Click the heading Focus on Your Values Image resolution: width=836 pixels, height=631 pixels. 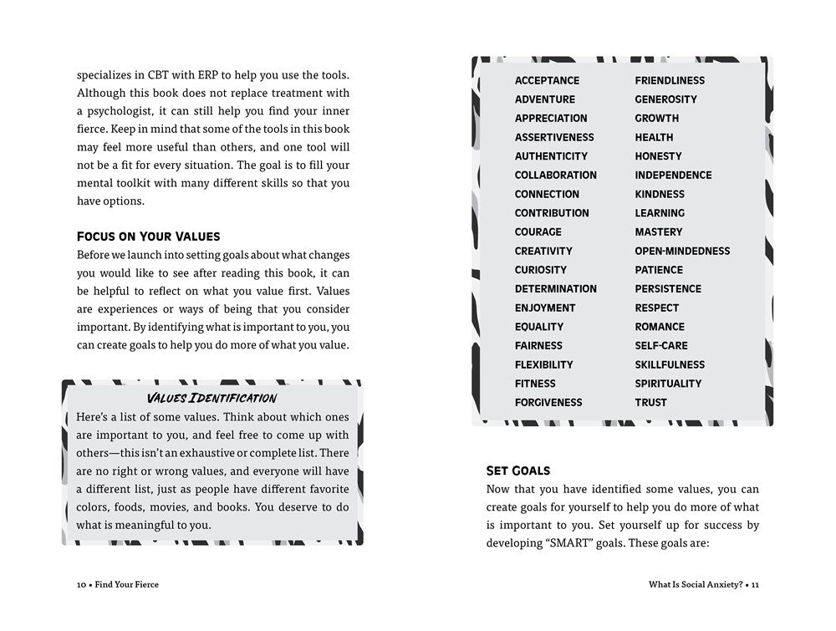tap(148, 236)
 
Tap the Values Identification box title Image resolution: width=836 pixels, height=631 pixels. tap(212, 398)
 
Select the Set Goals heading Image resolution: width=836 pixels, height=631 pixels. tap(517, 471)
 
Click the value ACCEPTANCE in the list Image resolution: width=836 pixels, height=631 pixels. tap(547, 80)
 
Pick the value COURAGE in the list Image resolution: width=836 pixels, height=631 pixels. tap(538, 232)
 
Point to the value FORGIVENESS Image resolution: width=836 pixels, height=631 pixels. tap(548, 402)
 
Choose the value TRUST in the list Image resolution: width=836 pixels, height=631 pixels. tap(650, 402)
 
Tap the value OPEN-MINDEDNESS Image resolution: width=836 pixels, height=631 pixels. tap(682, 251)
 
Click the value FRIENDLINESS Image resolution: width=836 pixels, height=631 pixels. tap(669, 80)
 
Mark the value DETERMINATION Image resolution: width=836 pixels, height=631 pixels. tap(555, 288)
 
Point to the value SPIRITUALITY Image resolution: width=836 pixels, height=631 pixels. tap(668, 383)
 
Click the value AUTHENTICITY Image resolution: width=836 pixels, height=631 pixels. tap(551, 155)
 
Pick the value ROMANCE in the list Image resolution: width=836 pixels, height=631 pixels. tap(659, 326)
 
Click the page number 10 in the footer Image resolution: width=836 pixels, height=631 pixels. tap(81, 584)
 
